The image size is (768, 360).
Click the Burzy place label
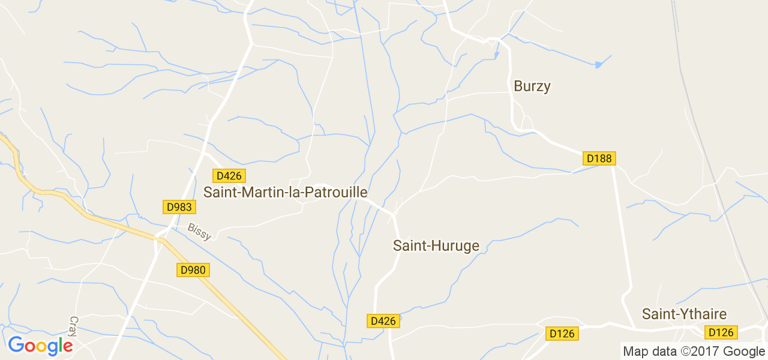pos(532,86)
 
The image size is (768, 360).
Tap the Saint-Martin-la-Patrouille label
pos(286,192)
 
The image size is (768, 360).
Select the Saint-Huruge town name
pos(436,245)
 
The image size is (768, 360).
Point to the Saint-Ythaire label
pos(684,314)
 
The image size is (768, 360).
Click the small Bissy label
pos(199,232)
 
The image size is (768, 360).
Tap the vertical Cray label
pos(74,326)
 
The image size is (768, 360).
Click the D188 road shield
pos(599,158)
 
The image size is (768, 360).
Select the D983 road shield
pos(179,207)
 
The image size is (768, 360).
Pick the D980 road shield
pos(193,270)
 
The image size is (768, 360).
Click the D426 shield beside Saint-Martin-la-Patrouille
pos(229,176)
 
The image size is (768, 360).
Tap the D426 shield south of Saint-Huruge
pos(383,321)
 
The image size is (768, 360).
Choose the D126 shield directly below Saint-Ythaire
pos(721,332)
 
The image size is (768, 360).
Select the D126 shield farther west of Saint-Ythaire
pos(562,334)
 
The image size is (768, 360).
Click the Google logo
pos(40,346)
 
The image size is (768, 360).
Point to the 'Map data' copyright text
pos(650,352)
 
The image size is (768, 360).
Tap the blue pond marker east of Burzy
pos(598,65)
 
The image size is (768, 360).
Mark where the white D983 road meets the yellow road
pos(160,238)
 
